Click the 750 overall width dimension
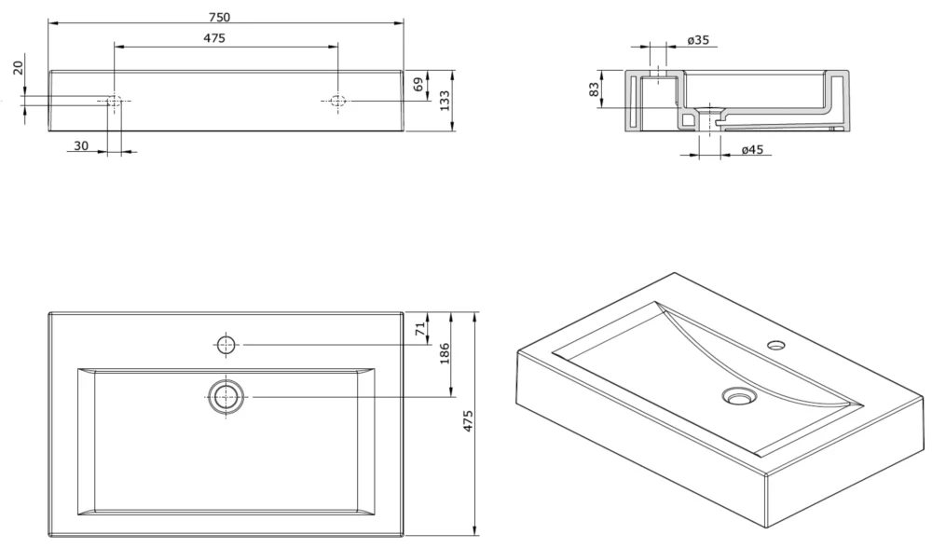point(221,16)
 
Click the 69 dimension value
point(418,85)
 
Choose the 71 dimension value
point(420,327)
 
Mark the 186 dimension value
point(445,354)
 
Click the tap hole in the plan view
point(226,345)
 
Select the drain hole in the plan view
point(226,397)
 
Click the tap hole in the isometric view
point(775,346)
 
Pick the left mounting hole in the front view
point(113,101)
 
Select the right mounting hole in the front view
point(337,101)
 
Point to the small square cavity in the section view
point(688,120)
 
